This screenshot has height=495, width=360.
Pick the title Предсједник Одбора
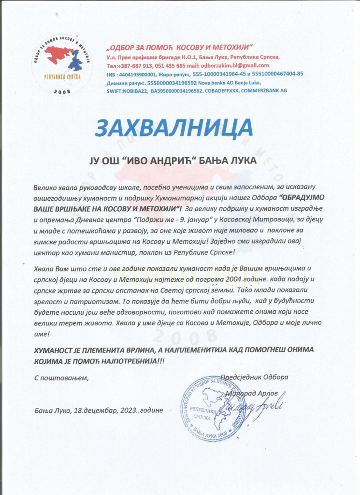tap(254, 377)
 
